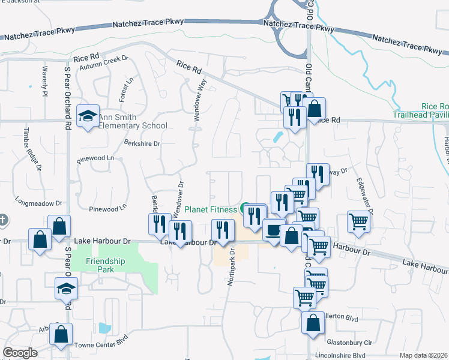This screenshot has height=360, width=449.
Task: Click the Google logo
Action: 20,353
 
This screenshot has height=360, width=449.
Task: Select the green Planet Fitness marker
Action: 245,209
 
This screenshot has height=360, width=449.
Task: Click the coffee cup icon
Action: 274,230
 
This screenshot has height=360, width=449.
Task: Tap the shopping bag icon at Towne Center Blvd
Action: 61,335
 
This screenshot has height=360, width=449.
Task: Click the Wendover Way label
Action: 199,100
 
